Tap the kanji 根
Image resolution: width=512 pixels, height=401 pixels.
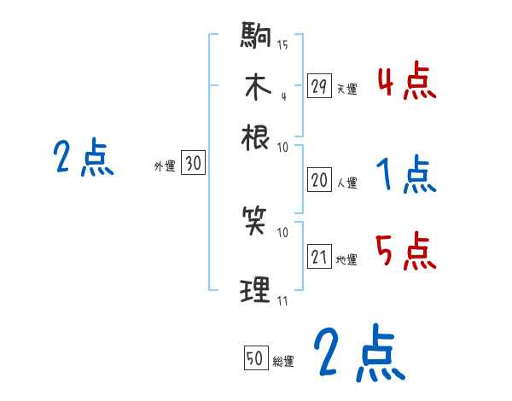[x=256, y=136]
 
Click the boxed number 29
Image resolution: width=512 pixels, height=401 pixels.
[x=319, y=86]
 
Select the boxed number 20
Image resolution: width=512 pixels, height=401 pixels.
[x=319, y=180]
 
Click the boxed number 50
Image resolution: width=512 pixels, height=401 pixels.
[x=254, y=359]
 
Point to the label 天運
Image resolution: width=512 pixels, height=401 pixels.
[x=346, y=89]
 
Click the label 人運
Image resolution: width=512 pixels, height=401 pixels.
[x=346, y=183]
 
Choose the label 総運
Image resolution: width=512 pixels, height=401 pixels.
[x=283, y=362]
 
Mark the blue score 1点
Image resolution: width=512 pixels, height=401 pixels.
[x=406, y=177]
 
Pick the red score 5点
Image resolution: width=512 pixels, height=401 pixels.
[x=406, y=252]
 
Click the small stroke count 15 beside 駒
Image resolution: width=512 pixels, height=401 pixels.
[x=282, y=44]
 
